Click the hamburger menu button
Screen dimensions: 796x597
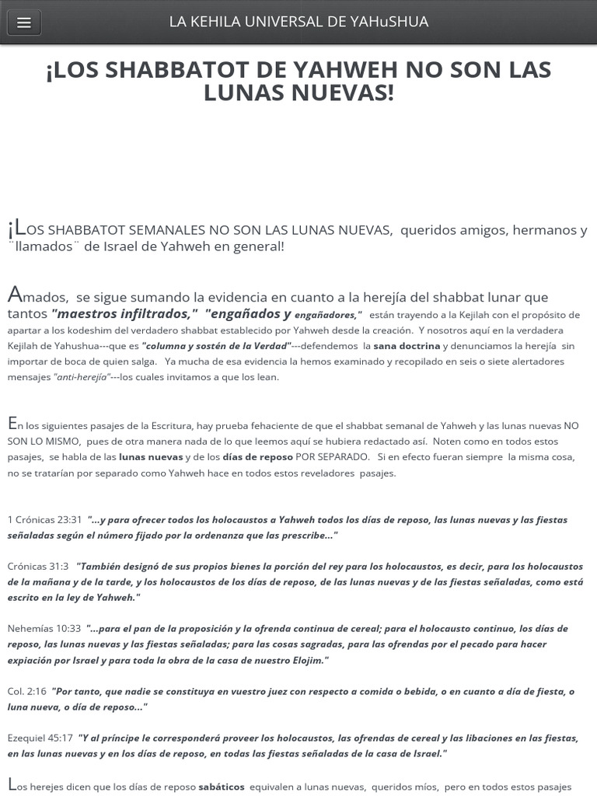[x=23, y=23]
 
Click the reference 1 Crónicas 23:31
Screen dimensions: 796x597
[x=44, y=519]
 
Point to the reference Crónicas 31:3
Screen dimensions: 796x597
[x=38, y=566]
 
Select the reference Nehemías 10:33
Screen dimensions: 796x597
[x=44, y=628]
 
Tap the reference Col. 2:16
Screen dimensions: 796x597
[x=27, y=691]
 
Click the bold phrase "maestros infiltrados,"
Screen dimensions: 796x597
[x=124, y=314]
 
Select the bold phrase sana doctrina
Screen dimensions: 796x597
[x=407, y=346]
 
